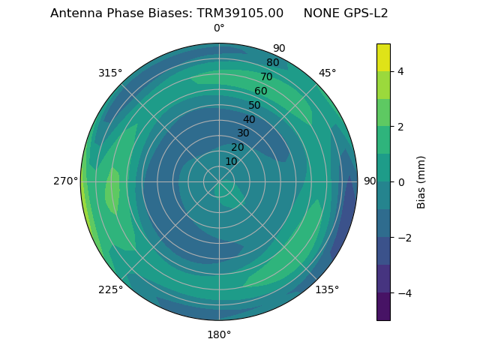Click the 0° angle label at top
point(219,28)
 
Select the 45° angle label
point(327,73)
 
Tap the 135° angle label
point(327,289)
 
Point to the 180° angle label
point(219,334)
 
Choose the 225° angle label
point(110,289)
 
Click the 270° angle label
point(65,181)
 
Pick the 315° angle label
point(110,73)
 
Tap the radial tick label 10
point(231,161)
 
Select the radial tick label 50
point(255,105)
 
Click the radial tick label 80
point(273,63)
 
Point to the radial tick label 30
point(243,133)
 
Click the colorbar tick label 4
point(400,71)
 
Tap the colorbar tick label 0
point(400,181)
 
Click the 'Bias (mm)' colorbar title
point(421,181)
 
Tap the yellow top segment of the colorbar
point(383,57)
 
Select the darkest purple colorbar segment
point(383,307)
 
